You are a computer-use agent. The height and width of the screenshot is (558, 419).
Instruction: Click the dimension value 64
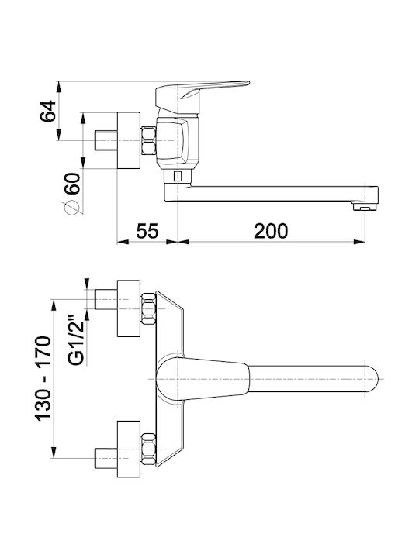tap(48, 111)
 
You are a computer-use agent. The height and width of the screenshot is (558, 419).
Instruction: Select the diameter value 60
tap(72, 184)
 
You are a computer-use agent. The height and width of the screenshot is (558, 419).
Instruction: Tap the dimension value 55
tap(147, 231)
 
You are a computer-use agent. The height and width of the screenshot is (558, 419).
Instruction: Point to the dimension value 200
tap(271, 231)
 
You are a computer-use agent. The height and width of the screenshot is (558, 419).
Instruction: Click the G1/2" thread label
tap(76, 340)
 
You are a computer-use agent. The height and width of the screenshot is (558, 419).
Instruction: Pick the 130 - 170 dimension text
tap(43, 379)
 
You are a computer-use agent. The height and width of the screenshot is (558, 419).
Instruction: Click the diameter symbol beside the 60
tap(71, 208)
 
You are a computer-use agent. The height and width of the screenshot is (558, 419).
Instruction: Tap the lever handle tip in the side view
tap(246, 84)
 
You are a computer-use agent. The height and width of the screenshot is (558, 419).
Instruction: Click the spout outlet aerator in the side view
tap(365, 206)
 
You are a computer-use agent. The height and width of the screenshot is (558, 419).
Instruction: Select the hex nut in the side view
tap(148, 140)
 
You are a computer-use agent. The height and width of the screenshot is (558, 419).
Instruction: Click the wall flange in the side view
tap(129, 140)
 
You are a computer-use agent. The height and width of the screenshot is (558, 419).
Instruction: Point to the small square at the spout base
tap(177, 176)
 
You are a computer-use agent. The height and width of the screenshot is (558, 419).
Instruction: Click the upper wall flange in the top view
tap(129, 308)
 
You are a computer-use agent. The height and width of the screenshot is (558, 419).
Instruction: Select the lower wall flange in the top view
tap(129, 449)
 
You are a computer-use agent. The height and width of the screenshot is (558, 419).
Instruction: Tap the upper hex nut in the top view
tap(148, 308)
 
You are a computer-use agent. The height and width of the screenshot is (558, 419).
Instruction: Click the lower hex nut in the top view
tap(148, 449)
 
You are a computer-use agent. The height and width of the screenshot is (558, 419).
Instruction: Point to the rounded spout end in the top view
tap(372, 379)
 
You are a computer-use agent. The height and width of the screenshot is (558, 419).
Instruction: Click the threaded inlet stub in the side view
tap(106, 140)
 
